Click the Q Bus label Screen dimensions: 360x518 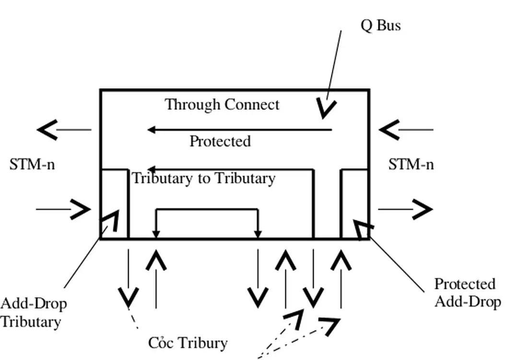point(380,25)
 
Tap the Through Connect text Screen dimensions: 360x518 point(222,104)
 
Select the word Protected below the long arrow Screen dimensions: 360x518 point(220,141)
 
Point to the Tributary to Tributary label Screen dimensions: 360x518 point(203,178)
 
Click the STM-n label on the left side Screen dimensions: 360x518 point(32,164)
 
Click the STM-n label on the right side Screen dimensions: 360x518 point(411,164)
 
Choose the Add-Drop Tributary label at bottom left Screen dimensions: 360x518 point(33,312)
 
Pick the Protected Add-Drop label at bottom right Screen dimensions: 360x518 point(467,292)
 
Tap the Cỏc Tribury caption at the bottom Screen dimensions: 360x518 point(188,343)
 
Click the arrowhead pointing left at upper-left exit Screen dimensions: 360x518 point(47,130)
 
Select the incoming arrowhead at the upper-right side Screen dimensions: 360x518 point(389,130)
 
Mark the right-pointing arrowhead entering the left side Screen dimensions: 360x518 point(81,209)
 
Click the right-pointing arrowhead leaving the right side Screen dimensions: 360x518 point(423,209)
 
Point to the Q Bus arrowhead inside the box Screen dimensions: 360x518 point(327,108)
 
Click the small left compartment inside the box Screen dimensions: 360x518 point(114,204)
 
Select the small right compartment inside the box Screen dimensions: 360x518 point(354,204)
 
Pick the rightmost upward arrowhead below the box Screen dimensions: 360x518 point(341,262)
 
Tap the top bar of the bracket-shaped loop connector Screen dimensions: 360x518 point(207,209)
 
